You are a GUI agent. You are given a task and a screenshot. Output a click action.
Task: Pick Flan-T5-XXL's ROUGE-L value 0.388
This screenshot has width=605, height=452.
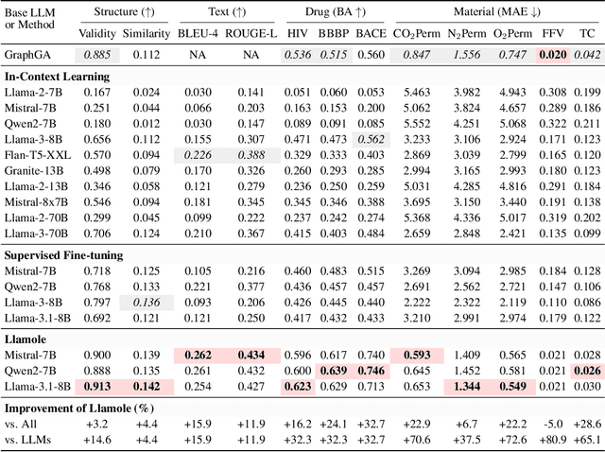pos(251,155)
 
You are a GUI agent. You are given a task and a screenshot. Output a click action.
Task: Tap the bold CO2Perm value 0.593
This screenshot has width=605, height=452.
pos(417,354)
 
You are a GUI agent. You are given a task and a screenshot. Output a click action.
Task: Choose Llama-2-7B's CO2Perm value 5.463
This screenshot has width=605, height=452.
pos(417,91)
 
